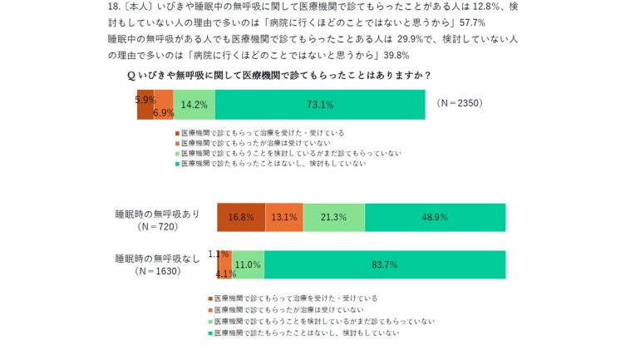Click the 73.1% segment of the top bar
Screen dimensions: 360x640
pyautogui.click(x=320, y=105)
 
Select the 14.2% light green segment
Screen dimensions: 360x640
pyautogui.click(x=194, y=105)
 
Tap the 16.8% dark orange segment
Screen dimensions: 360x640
pyautogui.click(x=241, y=217)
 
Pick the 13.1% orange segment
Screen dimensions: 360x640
pyautogui.click(x=284, y=217)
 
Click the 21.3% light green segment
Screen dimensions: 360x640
pyautogui.click(x=333, y=217)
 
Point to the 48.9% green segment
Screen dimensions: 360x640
pyautogui.click(x=434, y=217)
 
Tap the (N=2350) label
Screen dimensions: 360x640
pyautogui.click(x=459, y=104)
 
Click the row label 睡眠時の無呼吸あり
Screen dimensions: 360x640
pyautogui.click(x=158, y=213)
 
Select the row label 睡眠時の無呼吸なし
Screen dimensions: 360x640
pyautogui.click(x=158, y=259)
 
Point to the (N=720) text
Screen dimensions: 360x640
pyautogui.click(x=158, y=226)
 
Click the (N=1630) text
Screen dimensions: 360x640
pyautogui.click(x=158, y=272)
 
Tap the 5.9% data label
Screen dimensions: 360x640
pyautogui.click(x=145, y=99)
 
